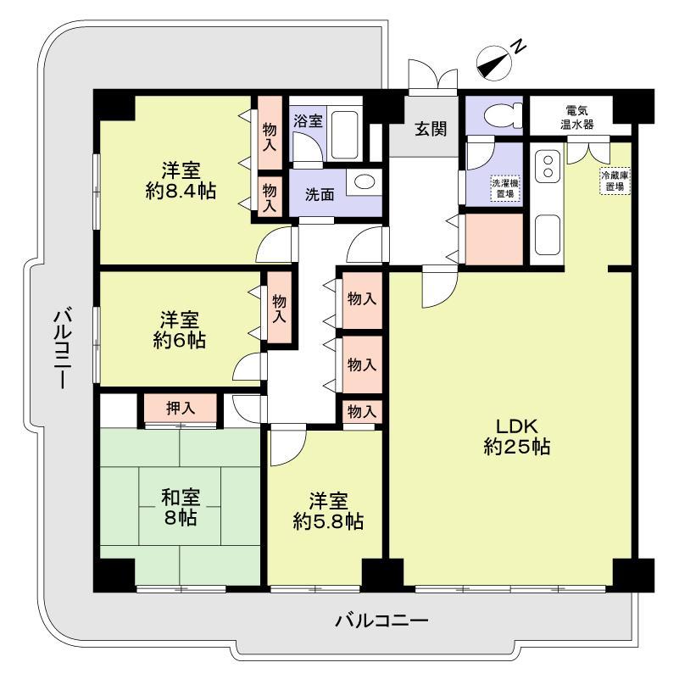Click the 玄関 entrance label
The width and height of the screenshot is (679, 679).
(x=431, y=129)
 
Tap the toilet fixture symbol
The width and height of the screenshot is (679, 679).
(x=503, y=115)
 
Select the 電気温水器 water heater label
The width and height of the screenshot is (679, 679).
(x=576, y=117)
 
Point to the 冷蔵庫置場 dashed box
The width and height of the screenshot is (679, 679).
(x=615, y=181)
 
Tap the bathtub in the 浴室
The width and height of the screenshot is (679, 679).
(x=345, y=136)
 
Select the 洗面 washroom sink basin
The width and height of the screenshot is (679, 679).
(x=364, y=182)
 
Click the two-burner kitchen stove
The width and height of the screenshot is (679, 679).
(x=548, y=166)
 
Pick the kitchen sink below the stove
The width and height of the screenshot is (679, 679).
(x=548, y=235)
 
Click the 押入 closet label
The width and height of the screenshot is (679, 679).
(x=181, y=408)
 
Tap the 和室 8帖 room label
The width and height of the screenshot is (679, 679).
(x=181, y=507)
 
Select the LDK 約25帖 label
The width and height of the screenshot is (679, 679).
(x=516, y=436)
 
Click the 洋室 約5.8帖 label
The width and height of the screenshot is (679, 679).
(x=328, y=511)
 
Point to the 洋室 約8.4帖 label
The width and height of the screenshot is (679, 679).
(x=181, y=181)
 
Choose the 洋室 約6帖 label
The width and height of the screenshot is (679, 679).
(x=179, y=330)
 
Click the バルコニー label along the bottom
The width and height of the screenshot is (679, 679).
(x=381, y=621)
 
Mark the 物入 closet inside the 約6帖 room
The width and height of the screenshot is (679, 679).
(x=279, y=309)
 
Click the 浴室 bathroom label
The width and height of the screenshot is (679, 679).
(x=308, y=120)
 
